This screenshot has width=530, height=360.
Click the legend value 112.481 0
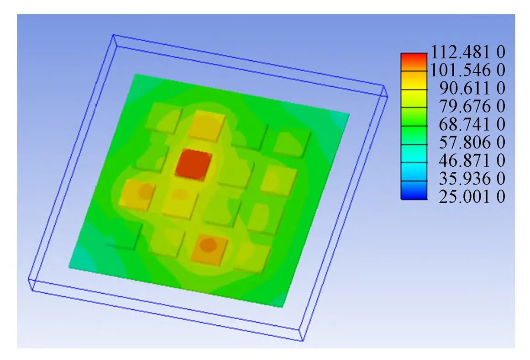(x=468, y=52)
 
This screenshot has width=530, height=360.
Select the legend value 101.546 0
(x=468, y=70)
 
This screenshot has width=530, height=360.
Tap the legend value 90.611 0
(x=472, y=88)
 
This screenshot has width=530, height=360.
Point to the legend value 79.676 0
(x=472, y=106)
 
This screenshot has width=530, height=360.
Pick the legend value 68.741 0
(x=472, y=124)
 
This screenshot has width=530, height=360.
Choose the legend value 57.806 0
(x=472, y=142)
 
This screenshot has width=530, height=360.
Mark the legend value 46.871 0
(x=472, y=160)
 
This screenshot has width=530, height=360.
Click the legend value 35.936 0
(x=472, y=178)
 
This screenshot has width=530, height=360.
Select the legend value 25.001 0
(x=472, y=196)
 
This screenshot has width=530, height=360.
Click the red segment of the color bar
(x=414, y=62)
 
